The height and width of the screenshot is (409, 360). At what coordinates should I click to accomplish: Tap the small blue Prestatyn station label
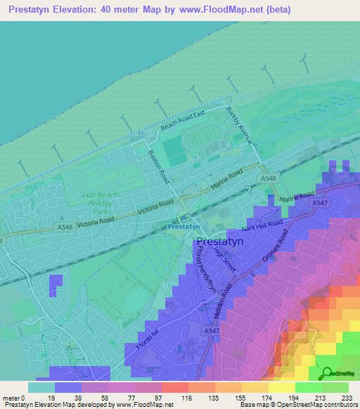pos(184,228)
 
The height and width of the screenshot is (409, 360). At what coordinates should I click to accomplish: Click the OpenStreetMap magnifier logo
pos(326,372)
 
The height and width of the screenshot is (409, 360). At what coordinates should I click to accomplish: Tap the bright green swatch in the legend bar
pos(309,388)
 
